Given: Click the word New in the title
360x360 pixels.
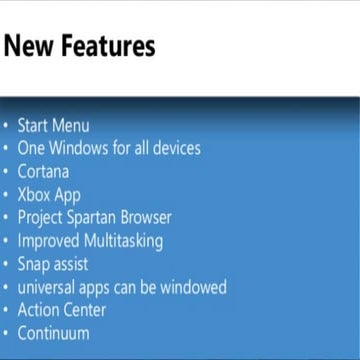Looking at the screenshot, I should coord(28,46).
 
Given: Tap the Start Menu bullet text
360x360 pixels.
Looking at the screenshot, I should coord(54,126).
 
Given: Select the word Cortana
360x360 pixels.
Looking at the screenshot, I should coord(43,171).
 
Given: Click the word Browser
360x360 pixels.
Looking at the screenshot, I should coord(149,217).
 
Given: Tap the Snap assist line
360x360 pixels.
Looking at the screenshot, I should coord(53,264).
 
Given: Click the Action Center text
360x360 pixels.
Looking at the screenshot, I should coord(62,310).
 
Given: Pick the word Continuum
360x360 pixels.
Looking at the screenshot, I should coord(53,333).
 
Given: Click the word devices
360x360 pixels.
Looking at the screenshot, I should coord(172,148).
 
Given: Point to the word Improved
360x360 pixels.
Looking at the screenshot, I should coord(47,240).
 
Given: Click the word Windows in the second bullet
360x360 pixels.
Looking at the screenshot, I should coord(85,148).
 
